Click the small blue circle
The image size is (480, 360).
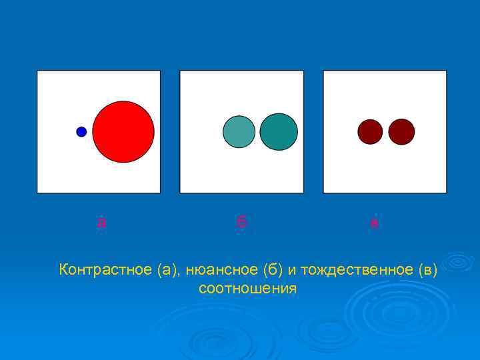pos(81,132)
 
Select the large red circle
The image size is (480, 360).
pos(123,132)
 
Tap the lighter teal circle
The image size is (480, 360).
pos(239,132)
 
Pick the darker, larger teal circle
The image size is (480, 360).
pos(279,132)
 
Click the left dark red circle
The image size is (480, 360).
pos(370,132)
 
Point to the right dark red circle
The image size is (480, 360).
pos(401,132)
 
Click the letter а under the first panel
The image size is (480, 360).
pos(101,223)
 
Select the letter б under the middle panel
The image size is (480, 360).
pos(241,222)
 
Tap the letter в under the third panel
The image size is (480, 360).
pos(375,223)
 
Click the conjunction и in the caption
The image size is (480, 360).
pos(292,271)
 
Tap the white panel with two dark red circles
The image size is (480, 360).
pos(385,170)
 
